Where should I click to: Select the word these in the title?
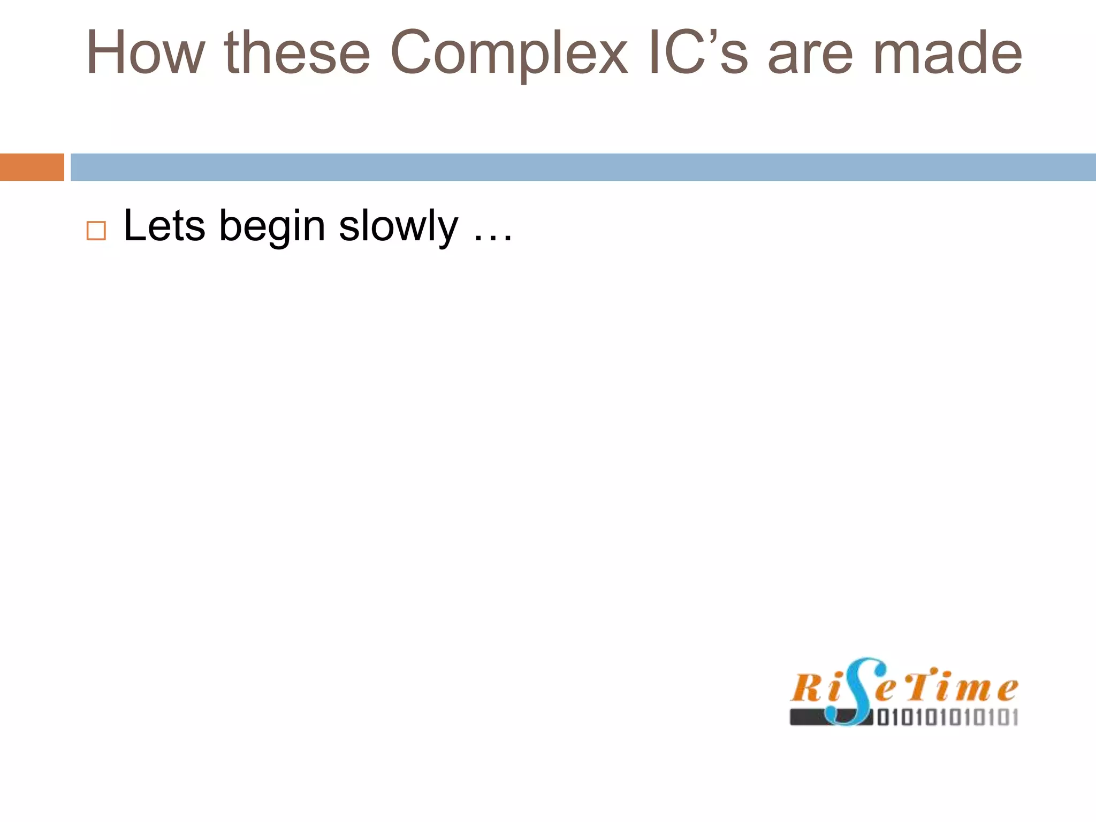coord(297,53)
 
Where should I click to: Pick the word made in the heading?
coord(947,53)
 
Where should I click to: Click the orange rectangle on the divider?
coord(32,167)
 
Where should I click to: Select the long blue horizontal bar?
coord(583,167)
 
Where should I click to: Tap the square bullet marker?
coord(96,231)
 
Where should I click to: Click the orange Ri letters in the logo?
coord(813,687)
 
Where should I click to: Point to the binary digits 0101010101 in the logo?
coord(947,717)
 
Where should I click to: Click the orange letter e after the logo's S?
coord(885,690)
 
